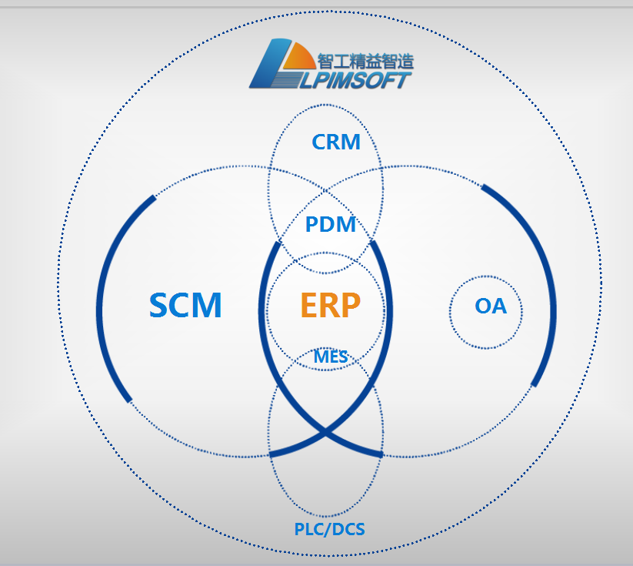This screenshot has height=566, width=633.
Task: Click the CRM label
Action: (x=336, y=142)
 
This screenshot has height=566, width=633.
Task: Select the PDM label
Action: (x=331, y=225)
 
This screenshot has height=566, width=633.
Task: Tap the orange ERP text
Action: (x=330, y=306)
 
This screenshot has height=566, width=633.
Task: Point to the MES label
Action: (x=331, y=357)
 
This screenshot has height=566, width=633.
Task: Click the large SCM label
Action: (x=185, y=306)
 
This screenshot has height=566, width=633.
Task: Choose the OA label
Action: (x=491, y=306)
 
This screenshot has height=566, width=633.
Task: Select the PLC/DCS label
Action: (x=329, y=530)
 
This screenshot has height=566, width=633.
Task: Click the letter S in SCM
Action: (x=159, y=306)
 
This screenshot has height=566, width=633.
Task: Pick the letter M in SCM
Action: (x=208, y=306)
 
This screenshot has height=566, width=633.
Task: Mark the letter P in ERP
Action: (x=350, y=306)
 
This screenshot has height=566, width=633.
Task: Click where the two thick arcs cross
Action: (x=327, y=435)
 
